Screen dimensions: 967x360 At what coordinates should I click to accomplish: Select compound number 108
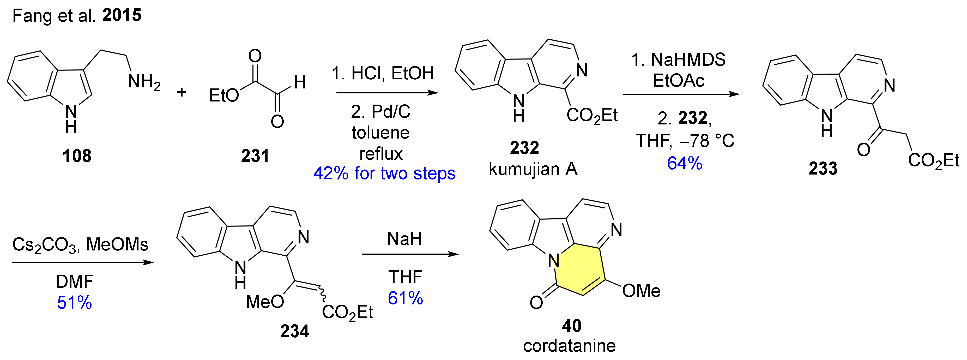pos(77,156)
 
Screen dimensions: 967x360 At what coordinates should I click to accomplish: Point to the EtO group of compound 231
pos(224,96)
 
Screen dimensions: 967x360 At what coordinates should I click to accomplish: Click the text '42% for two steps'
pos(384,173)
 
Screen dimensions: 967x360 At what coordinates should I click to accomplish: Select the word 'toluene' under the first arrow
pos(381,133)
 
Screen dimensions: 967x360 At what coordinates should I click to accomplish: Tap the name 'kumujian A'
pos(533,169)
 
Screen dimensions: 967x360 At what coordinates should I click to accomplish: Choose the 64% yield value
pos(684,163)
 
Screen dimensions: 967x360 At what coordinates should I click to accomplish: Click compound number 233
pos(823,169)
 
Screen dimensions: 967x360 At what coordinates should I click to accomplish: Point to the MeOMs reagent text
pos(117,245)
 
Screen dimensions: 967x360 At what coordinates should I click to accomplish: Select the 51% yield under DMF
pos(74,303)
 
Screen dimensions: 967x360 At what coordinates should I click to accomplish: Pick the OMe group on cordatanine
pos(641,291)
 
